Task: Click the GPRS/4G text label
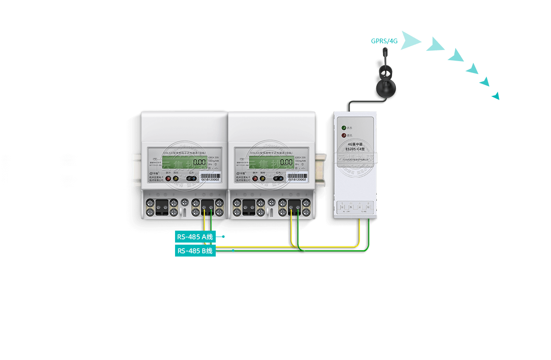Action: (x=384, y=41)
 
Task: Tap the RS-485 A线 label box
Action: (x=195, y=237)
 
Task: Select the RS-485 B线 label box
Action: (x=195, y=251)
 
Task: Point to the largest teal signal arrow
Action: (x=410, y=40)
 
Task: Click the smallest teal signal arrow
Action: (x=496, y=96)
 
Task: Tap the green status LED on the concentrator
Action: (x=344, y=127)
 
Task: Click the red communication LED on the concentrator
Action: (x=344, y=135)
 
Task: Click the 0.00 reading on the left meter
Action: (x=200, y=162)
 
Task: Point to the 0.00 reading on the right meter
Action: (x=286, y=162)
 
